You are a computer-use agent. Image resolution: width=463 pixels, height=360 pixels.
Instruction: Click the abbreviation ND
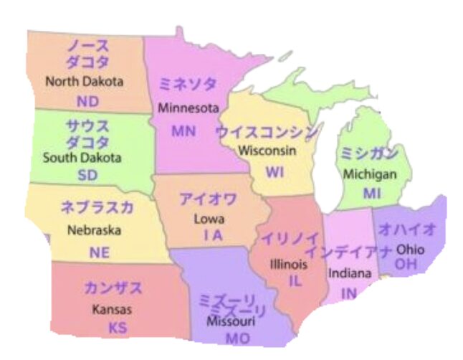[87, 101]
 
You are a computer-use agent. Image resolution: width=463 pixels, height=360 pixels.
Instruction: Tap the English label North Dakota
[84, 82]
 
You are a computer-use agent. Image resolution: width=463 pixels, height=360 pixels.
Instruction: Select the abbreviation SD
[88, 176]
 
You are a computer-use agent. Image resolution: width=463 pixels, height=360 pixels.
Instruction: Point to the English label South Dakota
[82, 157]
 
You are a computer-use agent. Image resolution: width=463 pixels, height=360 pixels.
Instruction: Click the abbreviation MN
[183, 131]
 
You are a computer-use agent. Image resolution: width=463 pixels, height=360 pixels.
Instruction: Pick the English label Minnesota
[188, 109]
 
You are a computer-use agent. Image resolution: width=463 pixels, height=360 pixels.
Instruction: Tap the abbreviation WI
[275, 172]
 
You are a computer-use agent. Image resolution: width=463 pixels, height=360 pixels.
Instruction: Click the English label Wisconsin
[267, 151]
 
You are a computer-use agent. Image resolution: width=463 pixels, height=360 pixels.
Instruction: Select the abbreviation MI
[372, 193]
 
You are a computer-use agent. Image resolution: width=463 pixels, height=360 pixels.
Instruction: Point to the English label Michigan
[370, 174]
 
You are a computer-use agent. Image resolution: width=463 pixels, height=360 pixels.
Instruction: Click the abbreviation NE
[100, 252]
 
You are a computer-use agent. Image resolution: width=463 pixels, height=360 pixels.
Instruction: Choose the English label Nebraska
[94, 231]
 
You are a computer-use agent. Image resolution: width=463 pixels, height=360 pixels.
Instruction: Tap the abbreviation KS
[117, 328]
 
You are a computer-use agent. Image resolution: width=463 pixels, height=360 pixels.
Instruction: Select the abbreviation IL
[295, 281]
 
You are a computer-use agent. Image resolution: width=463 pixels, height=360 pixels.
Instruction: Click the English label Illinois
[288, 264]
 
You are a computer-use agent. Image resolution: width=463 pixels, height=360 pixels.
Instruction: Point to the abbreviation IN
[349, 293]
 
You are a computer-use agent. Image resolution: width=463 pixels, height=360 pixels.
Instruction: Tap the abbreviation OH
[406, 265]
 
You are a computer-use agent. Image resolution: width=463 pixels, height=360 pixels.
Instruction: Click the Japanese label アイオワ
[208, 199]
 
